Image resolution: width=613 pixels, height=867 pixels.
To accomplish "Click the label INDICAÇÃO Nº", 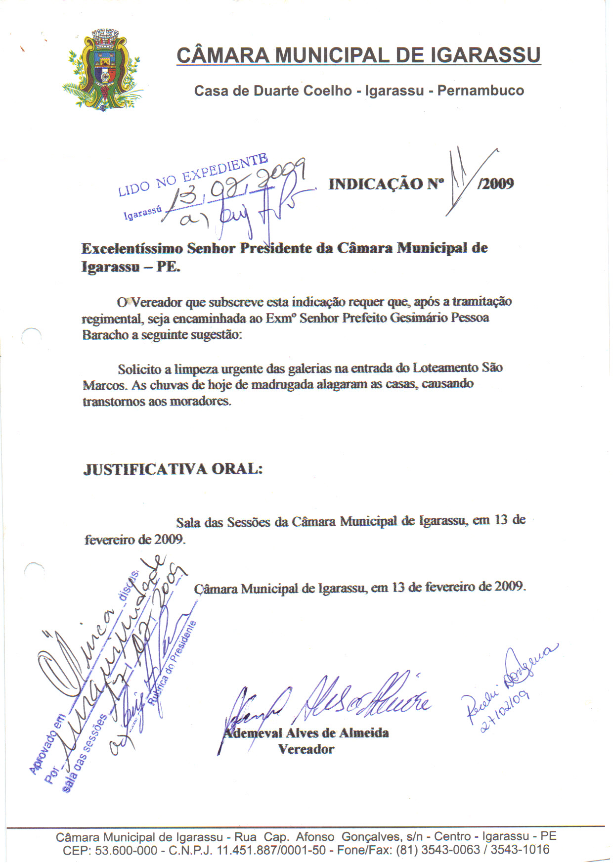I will [386, 184].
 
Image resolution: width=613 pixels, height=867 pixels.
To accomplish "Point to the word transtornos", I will [114, 401].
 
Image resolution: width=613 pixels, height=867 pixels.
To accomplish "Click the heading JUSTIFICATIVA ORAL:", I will [173, 469].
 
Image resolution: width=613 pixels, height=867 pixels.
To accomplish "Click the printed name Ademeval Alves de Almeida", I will [306, 733].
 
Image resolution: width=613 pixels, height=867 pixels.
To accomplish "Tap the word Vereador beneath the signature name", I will [306, 749].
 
